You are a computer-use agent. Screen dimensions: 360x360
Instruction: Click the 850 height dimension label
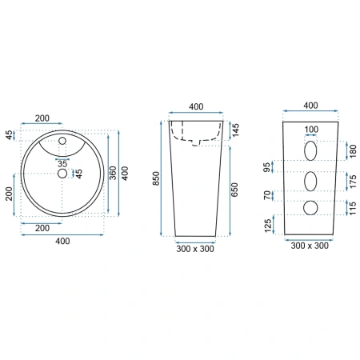pyautogui.click(x=156, y=178)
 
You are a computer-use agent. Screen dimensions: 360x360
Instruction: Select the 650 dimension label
pyautogui.click(x=234, y=190)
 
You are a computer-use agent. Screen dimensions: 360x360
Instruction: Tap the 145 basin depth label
pyautogui.click(x=235, y=130)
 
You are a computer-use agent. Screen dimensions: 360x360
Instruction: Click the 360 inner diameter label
pyautogui.click(x=113, y=173)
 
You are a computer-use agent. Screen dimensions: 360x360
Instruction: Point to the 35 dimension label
pyautogui.click(x=62, y=164)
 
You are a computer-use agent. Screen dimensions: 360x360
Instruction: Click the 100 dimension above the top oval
pyautogui.click(x=311, y=130)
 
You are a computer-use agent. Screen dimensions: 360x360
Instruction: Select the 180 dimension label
pyautogui.click(x=353, y=151)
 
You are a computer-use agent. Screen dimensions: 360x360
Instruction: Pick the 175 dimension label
pyautogui.click(x=353, y=182)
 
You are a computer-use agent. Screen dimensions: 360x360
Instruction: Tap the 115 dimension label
pyautogui.click(x=353, y=208)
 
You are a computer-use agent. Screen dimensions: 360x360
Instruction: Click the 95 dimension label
pyautogui.click(x=266, y=167)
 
